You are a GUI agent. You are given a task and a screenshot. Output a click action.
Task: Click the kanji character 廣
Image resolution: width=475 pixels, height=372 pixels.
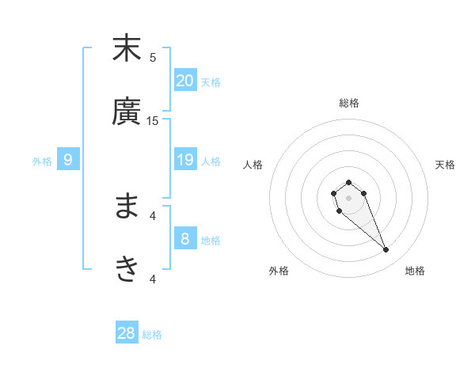coord(127,112)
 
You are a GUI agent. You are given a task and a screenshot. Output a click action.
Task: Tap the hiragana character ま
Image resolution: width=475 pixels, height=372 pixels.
coord(127,207)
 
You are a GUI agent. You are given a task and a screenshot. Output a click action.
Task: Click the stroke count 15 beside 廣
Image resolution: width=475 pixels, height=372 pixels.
coord(153,120)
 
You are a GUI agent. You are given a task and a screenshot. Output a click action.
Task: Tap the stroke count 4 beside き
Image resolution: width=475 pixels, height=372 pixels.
coord(153,279)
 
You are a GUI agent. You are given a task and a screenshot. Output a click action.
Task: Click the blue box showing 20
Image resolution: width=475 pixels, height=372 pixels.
coord(184,81)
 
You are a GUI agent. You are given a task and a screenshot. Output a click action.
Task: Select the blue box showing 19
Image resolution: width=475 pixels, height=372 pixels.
coord(184,160)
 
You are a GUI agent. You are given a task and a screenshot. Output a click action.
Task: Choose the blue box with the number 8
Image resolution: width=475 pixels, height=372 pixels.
coord(184,239)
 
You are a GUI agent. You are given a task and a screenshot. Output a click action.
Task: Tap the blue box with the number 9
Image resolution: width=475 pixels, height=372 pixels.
coord(68,160)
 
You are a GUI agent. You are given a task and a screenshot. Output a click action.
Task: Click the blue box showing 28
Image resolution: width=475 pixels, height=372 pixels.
coord(127,333)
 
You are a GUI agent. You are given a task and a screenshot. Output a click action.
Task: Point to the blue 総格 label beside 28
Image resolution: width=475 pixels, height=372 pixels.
coord(152,335)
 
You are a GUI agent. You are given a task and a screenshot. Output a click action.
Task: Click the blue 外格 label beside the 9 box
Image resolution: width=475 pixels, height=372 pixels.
coord(42,161)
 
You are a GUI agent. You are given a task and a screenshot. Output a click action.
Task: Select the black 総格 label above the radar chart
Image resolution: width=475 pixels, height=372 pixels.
coord(348,103)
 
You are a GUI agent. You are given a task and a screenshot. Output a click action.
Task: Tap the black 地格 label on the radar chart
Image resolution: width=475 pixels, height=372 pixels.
coord(415,271)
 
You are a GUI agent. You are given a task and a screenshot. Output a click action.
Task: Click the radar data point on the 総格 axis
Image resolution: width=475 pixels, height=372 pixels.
coord(348,182)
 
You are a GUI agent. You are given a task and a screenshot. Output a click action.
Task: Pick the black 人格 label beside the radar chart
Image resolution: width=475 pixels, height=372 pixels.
coord(253,165)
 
